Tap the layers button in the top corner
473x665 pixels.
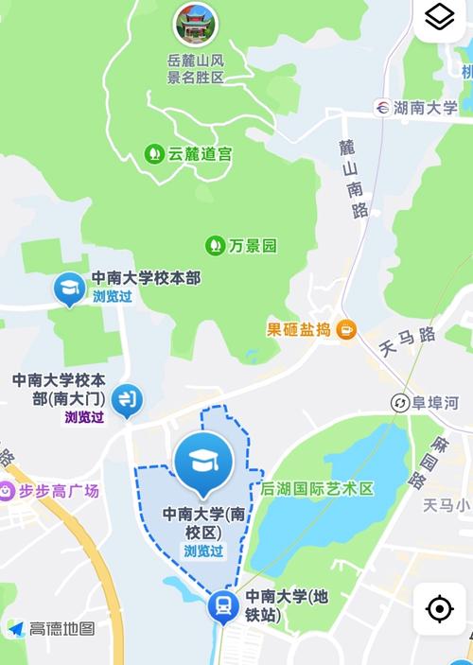tap(440, 17)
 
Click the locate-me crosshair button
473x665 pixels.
tap(440, 608)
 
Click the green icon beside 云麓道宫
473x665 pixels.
tap(152, 152)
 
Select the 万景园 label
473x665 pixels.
tap(253, 246)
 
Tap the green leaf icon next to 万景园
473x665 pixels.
tap(216, 246)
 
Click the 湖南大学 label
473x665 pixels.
tap(427, 107)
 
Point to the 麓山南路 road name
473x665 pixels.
tap(353, 180)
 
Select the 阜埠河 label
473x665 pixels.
tap(435, 403)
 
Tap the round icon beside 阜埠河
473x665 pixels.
tap(400, 403)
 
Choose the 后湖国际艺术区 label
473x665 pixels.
tap(318, 489)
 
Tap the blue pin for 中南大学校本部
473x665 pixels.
tap(69, 288)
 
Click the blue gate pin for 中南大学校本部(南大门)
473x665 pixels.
tap(125, 399)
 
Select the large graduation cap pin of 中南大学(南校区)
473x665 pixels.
tap(203, 464)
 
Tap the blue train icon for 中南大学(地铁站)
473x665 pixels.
tap(223, 605)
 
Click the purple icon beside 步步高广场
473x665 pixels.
tap(8, 491)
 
